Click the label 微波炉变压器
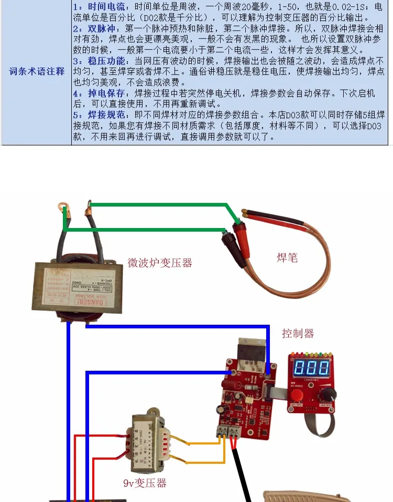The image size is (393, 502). [160, 263]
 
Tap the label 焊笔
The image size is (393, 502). [287, 257]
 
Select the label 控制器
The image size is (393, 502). [298, 333]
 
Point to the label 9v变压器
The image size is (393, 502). [145, 483]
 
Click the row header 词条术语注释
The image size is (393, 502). [37, 71]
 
